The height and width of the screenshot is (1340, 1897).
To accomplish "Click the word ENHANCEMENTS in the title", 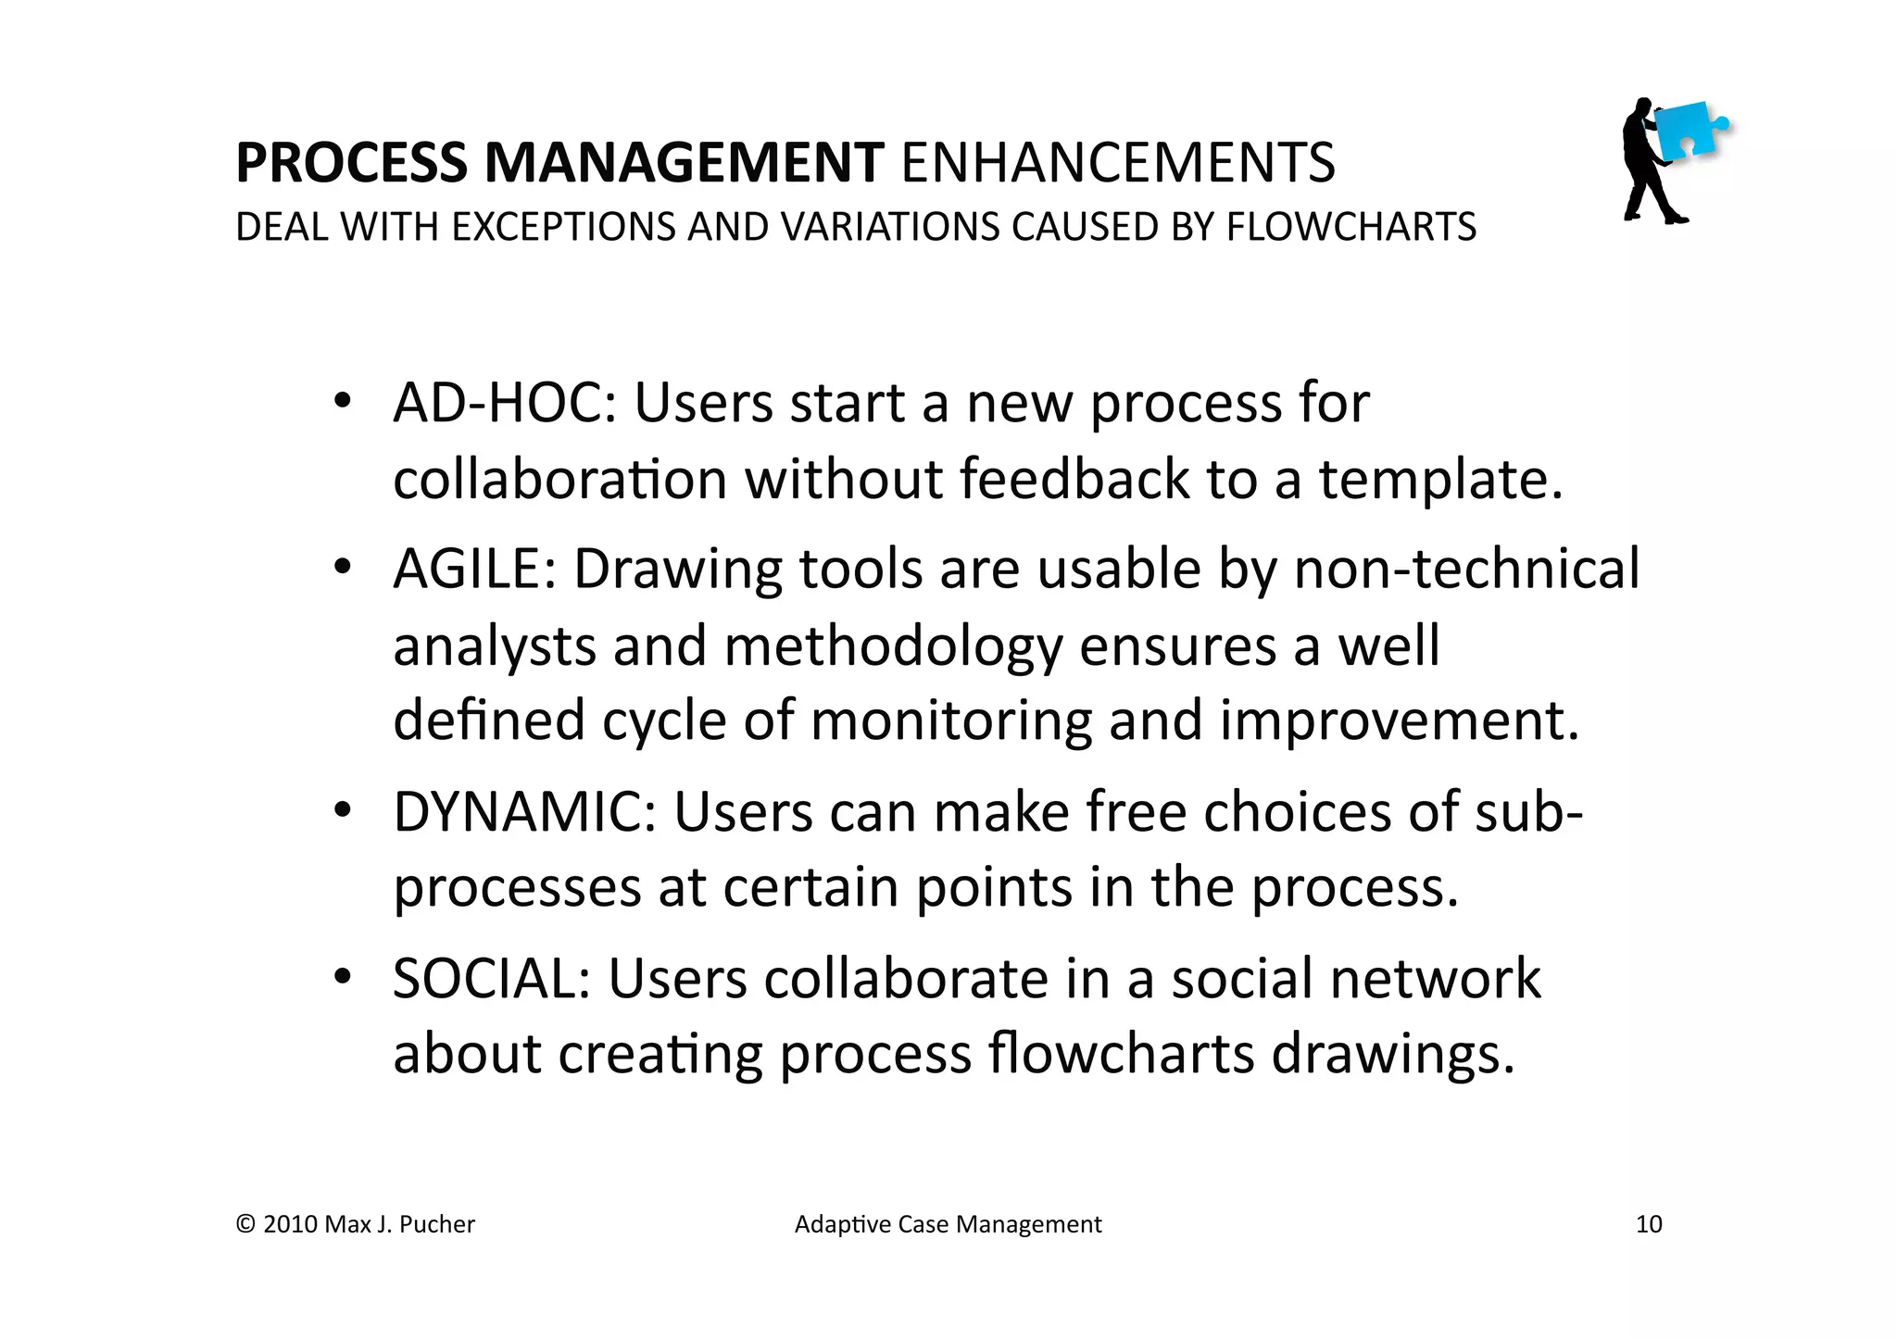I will (x=1118, y=163).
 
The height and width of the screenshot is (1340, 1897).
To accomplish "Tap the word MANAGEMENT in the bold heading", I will (x=684, y=163).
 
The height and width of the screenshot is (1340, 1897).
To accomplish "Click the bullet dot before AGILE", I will (x=342, y=566).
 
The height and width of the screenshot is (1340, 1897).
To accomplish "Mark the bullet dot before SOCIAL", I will (x=342, y=976).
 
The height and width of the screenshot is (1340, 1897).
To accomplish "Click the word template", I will (x=1440, y=482).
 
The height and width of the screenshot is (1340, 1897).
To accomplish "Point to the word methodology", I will (x=893, y=647).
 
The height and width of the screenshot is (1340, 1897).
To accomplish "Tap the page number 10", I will (x=1649, y=1224).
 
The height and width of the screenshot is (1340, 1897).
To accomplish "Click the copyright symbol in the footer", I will (x=245, y=1224).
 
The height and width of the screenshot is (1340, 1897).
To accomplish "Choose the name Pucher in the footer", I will (x=439, y=1224).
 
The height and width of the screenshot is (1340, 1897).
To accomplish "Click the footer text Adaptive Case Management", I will (x=948, y=1224).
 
